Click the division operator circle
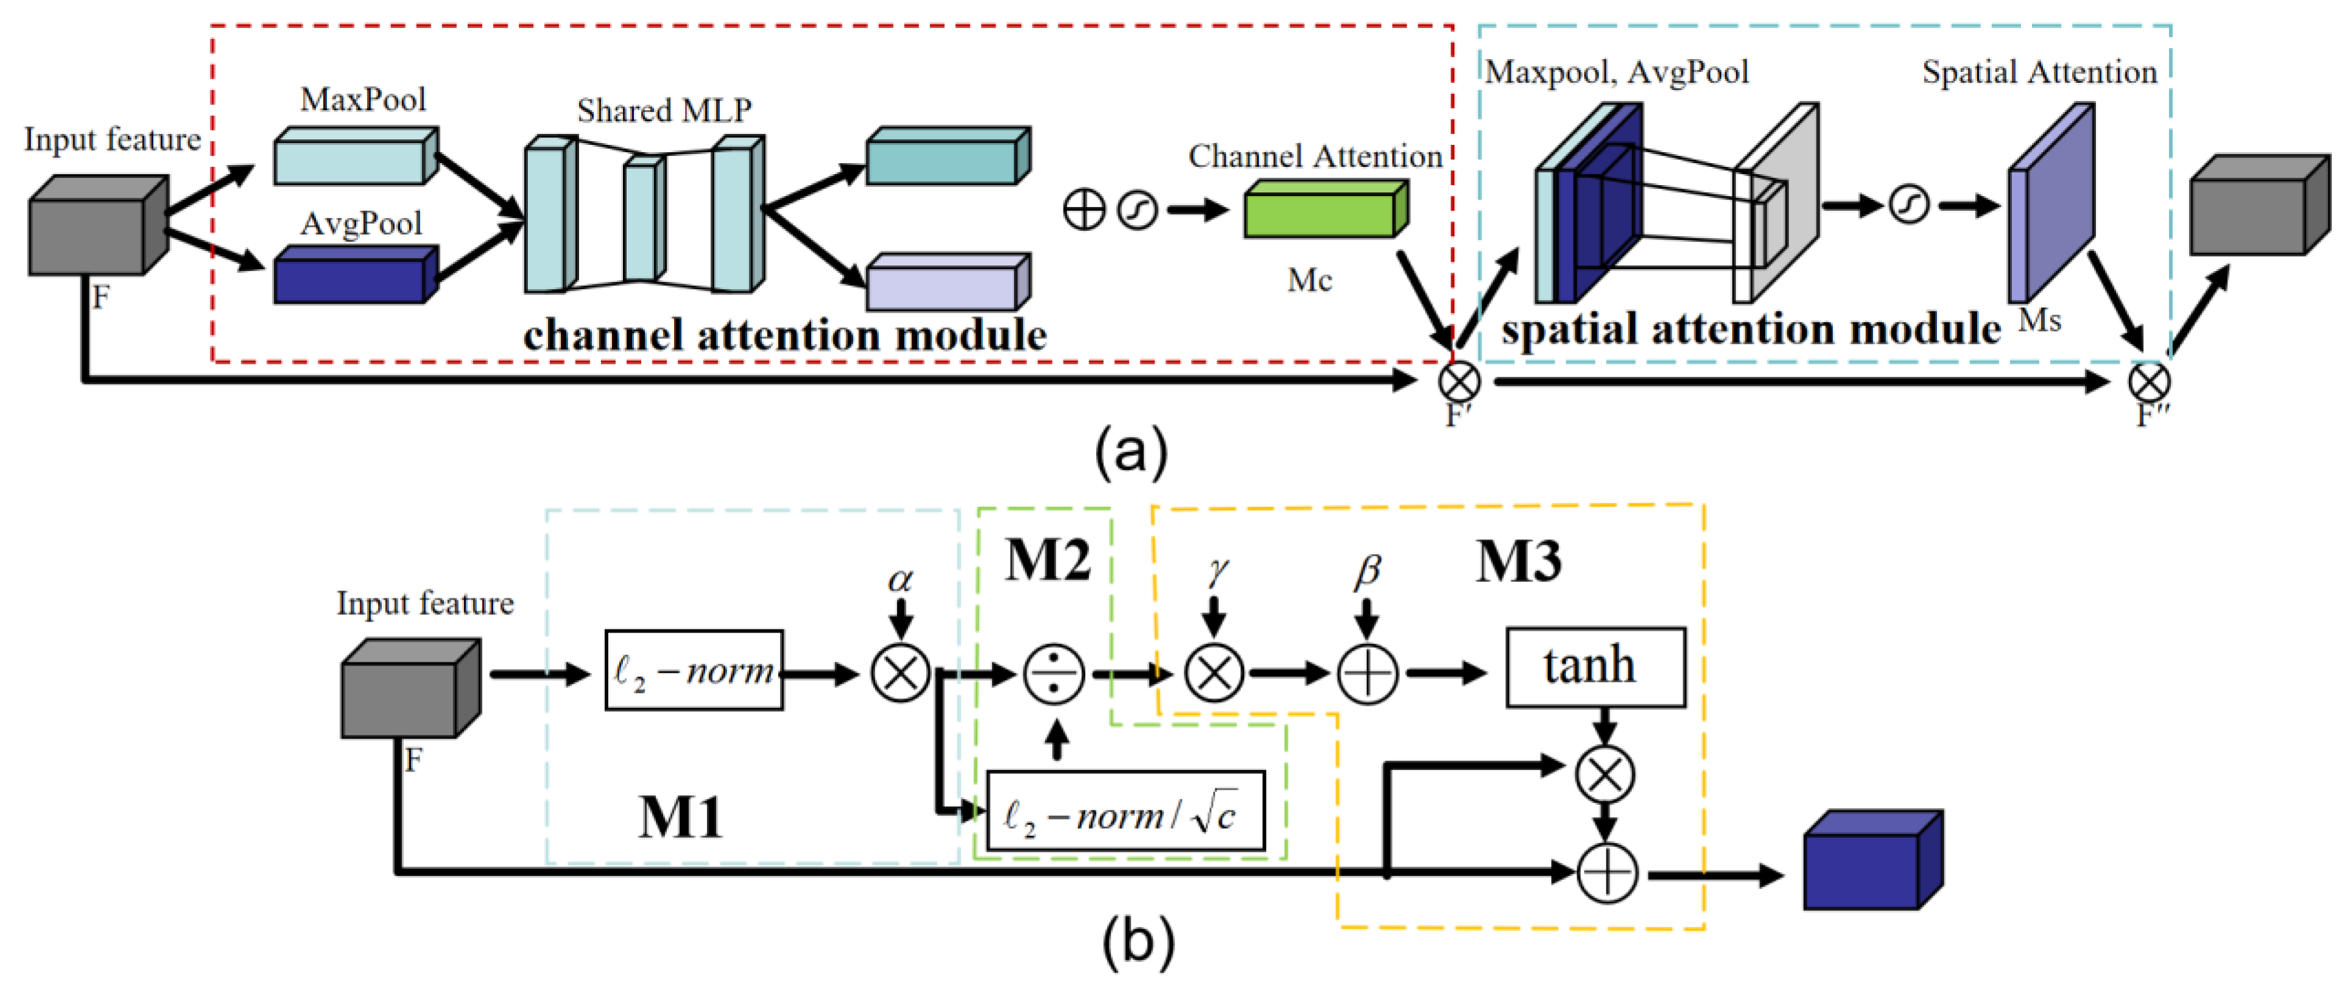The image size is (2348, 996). (x=1053, y=675)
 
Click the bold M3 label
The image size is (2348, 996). (x=1517, y=561)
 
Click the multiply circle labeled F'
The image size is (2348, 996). (x=1458, y=381)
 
